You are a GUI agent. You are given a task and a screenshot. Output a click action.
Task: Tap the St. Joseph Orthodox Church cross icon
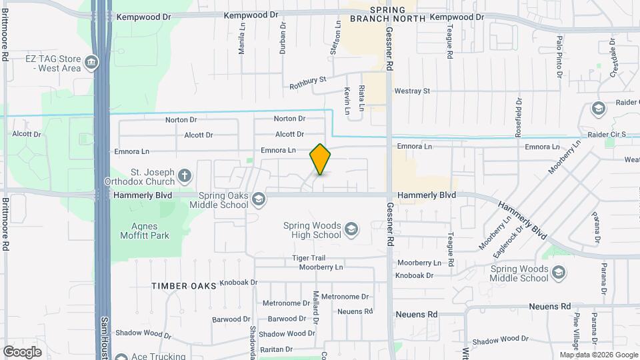[x=184, y=177]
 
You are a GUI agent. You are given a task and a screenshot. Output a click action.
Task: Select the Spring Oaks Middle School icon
[x=258, y=198]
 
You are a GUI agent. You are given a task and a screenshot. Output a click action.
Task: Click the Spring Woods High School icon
[x=351, y=231]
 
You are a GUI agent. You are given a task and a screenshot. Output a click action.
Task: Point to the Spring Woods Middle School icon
[x=559, y=272]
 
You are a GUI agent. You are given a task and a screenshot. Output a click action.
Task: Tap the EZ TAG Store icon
[x=91, y=63]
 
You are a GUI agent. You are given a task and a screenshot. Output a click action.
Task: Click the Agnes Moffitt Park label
[x=141, y=230]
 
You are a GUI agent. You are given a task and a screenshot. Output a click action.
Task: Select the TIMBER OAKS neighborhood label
[x=184, y=285]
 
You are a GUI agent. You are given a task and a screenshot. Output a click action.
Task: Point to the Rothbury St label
[x=307, y=82]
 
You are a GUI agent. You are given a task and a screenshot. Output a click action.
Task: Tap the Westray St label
[x=412, y=91]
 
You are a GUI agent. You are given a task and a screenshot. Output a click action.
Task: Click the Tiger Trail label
[x=308, y=258]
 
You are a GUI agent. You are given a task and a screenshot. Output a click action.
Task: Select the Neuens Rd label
[x=416, y=313]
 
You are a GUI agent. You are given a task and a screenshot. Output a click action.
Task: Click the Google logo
[x=22, y=351]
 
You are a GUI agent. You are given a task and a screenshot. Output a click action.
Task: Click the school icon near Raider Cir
[x=598, y=108]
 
